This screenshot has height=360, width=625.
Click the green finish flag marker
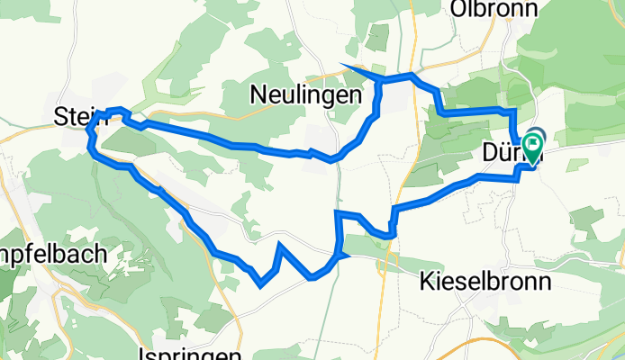(532, 147)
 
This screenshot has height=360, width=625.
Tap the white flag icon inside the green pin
(533, 142)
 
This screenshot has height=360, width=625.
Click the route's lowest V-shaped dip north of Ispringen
(260, 285)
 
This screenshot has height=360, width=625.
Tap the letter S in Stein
(59, 115)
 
